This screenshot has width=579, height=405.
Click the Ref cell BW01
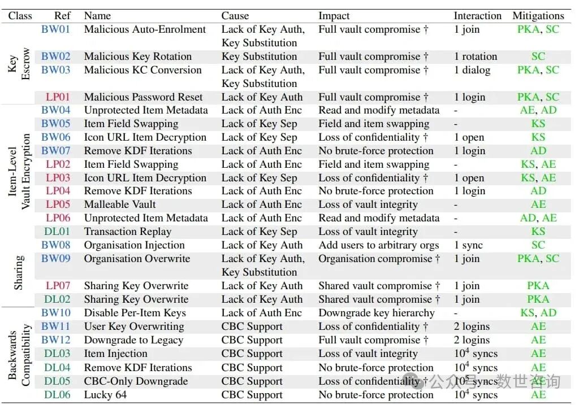[x=55, y=29]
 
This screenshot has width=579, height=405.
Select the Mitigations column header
[x=538, y=16]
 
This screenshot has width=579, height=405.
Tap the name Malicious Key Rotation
[x=137, y=56]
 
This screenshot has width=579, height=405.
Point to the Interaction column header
[x=477, y=16]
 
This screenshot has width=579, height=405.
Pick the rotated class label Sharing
[x=19, y=272]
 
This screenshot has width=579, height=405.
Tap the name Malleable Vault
[x=120, y=204]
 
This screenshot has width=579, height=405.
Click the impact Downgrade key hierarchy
[x=377, y=313]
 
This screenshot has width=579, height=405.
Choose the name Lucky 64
[x=105, y=395]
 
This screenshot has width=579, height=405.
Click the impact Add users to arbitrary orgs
[x=378, y=245]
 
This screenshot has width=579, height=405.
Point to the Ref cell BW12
[x=56, y=340]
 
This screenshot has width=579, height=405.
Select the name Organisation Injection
[x=134, y=245]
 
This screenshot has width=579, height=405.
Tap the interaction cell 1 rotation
[x=476, y=56]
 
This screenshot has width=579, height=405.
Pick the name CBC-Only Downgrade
[x=136, y=381]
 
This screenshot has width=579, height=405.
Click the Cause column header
[x=235, y=16]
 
